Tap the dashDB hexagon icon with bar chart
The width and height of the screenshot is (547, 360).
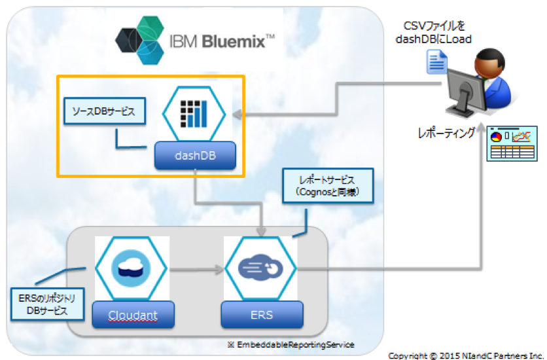click(x=194, y=113)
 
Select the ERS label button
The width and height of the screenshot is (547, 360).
click(x=262, y=315)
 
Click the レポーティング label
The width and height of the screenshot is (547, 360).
click(x=446, y=133)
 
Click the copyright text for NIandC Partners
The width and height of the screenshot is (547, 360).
click(x=466, y=355)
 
